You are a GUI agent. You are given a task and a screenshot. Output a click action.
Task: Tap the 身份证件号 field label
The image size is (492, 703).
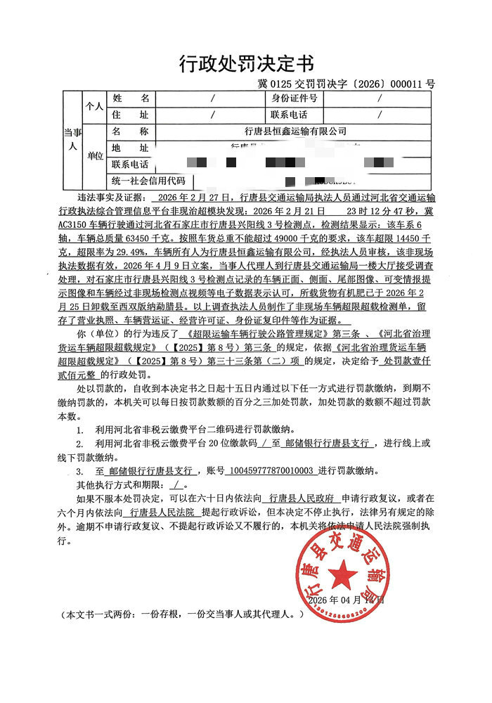pos(294,98)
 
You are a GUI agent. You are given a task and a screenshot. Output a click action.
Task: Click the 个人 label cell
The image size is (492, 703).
pos(94,106)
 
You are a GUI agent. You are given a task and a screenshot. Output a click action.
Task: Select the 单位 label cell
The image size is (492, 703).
pos(94,156)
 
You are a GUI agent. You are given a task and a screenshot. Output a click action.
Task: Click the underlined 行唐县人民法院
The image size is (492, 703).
pos(163,512)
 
